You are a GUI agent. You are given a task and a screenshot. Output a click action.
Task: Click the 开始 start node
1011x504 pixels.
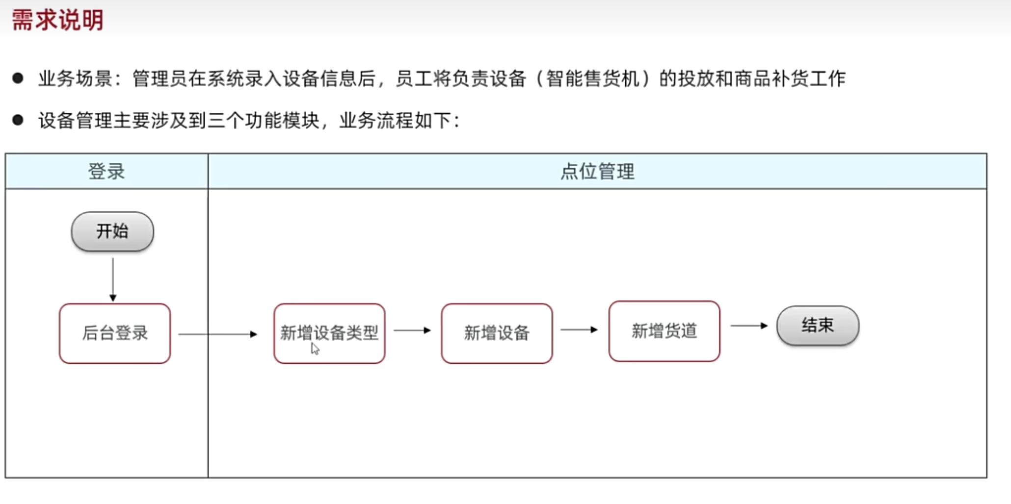click(x=112, y=231)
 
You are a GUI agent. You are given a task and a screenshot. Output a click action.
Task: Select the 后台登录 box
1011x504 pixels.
click(x=115, y=333)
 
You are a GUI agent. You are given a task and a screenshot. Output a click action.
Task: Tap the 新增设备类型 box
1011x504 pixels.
click(x=329, y=333)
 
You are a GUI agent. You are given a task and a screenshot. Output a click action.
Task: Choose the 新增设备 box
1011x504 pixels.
click(x=497, y=333)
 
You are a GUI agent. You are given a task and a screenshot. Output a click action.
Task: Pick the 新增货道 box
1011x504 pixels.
click(x=664, y=331)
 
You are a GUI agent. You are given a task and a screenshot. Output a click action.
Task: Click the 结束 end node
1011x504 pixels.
click(x=818, y=326)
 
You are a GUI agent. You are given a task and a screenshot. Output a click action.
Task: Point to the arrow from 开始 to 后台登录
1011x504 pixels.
click(x=113, y=278)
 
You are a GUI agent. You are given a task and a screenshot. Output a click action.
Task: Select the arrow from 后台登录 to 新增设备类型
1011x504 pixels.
click(x=217, y=334)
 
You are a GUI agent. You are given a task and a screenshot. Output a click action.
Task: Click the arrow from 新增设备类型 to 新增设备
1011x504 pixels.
click(x=412, y=330)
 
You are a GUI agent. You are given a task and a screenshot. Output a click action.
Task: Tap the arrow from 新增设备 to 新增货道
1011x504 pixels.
click(x=579, y=330)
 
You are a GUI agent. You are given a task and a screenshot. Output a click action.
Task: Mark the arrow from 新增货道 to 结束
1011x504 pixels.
click(x=749, y=326)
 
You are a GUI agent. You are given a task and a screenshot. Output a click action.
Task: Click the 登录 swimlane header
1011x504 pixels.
click(x=106, y=172)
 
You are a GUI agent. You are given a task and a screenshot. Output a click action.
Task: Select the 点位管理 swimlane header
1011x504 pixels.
click(x=597, y=172)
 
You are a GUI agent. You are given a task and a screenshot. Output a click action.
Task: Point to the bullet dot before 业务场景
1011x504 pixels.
click(x=18, y=78)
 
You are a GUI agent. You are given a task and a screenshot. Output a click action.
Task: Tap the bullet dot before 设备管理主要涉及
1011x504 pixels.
click(x=18, y=120)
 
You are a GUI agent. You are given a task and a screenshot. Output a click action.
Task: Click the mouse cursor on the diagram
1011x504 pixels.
click(x=315, y=349)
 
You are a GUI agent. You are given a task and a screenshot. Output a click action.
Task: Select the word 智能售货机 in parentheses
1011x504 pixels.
click(x=593, y=78)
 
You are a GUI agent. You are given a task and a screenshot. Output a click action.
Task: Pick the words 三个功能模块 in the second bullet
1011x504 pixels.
click(x=264, y=121)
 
